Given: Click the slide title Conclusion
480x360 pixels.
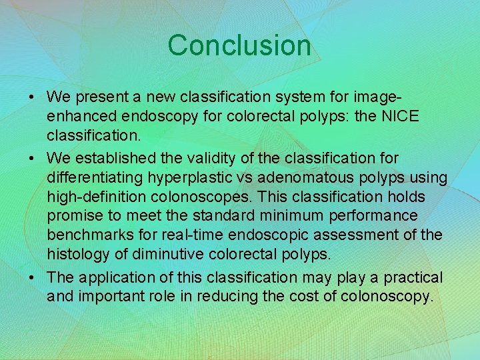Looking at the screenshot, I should pyautogui.click(x=239, y=45).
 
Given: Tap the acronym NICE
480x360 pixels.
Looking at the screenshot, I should pyautogui.click(x=400, y=115).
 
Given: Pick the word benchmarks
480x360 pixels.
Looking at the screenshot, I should pyautogui.click(x=88, y=235).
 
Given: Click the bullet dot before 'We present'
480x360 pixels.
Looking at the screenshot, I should pyautogui.click(x=33, y=97).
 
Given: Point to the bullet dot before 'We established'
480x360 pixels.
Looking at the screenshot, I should pyautogui.click(x=33, y=159).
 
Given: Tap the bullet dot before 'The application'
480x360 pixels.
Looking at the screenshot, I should pyautogui.click(x=33, y=277).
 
